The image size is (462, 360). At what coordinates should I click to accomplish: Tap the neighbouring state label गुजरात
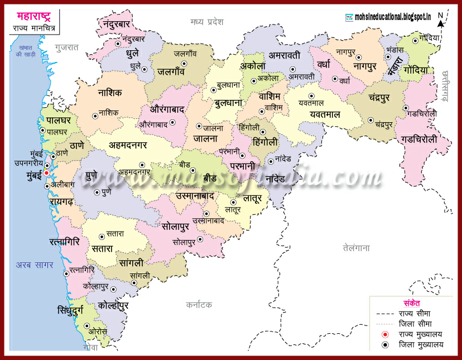[68, 48]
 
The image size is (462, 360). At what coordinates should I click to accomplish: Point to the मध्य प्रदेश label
[206, 22]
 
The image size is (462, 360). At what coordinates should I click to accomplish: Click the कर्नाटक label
[200, 305]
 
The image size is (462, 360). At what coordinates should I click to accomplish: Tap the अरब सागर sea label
[35, 265]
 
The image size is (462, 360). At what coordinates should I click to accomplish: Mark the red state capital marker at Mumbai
[46, 173]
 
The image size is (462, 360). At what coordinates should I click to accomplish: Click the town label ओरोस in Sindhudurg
[98, 330]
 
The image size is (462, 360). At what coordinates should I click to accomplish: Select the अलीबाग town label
[62, 184]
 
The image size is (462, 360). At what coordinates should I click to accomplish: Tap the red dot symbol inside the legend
[384, 334]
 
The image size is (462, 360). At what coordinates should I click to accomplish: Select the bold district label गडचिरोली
[426, 139]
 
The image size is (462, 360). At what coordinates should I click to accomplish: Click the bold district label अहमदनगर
[136, 146]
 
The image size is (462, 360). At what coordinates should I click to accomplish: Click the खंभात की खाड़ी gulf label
[24, 51]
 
